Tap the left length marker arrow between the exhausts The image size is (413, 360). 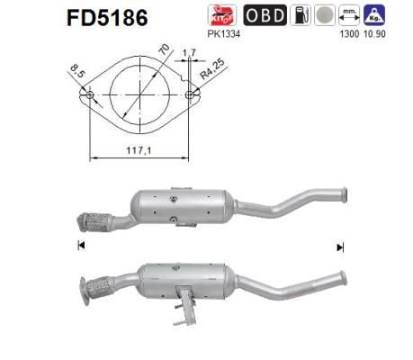click(81, 246)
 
